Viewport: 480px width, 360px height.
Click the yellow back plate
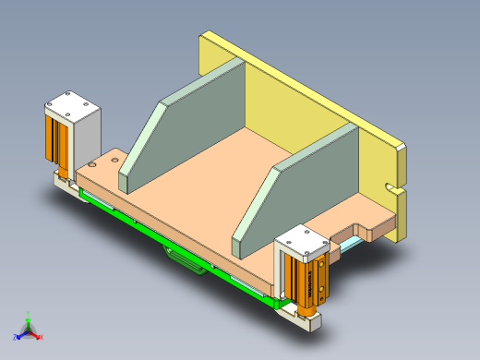(x=305, y=92)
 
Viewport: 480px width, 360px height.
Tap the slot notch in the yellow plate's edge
(x=399, y=191)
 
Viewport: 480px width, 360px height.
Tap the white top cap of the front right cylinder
(x=303, y=242)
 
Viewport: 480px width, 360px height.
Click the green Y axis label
(x=30, y=312)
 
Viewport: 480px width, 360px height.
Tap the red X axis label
(x=42, y=337)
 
